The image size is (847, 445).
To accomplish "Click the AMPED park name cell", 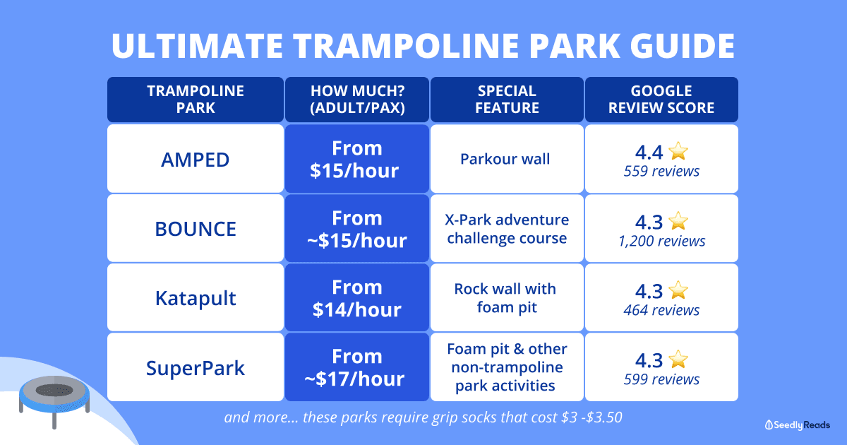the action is tap(196, 159).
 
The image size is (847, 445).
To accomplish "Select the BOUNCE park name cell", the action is tap(196, 229).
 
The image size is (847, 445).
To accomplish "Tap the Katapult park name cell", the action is tap(196, 298).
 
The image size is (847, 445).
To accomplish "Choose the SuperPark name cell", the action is tap(196, 367).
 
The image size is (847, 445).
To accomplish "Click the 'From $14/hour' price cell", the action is tap(357, 298).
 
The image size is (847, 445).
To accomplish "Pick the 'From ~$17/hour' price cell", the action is tap(357, 367).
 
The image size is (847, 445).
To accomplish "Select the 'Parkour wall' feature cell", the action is tap(507, 159).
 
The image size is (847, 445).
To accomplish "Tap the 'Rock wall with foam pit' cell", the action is tap(507, 298).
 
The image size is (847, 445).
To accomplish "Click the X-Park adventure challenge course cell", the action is tap(507, 229).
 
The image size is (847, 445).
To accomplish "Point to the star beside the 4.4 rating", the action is tap(678, 151).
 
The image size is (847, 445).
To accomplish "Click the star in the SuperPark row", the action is tap(678, 359).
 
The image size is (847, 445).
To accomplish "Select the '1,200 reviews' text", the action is tap(662, 241).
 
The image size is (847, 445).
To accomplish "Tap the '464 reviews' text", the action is tap(662, 310).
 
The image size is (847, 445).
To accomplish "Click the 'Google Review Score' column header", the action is tap(661, 100).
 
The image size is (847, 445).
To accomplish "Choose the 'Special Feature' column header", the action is tap(507, 100).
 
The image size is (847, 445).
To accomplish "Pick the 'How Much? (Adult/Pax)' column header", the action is tap(357, 100).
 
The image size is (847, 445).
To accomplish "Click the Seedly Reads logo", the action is tap(798, 425).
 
